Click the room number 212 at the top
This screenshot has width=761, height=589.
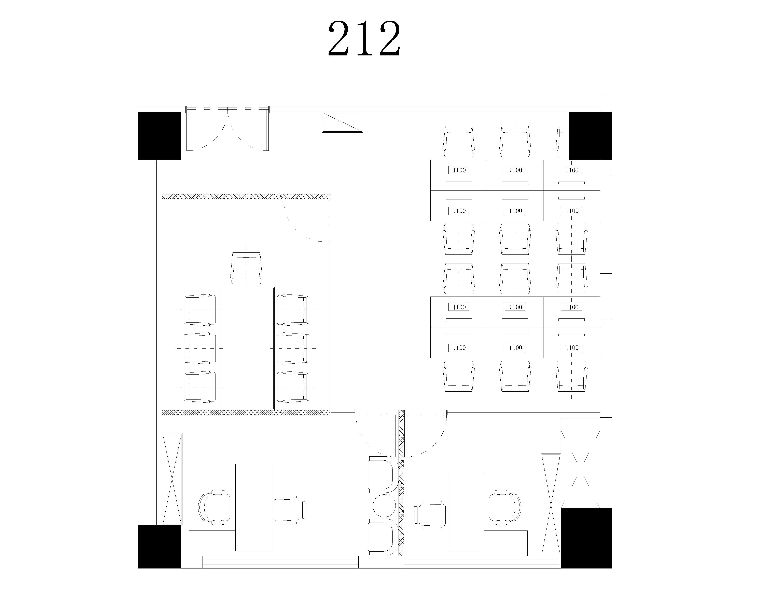(364, 39)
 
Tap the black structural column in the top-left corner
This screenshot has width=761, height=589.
(159, 136)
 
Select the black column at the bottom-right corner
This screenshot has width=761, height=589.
(586, 538)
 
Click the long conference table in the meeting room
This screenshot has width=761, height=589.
(246, 348)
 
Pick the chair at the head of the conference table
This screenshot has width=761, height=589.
(246, 268)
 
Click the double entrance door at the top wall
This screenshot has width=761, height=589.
(228, 129)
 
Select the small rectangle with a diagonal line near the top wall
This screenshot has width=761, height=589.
(343, 122)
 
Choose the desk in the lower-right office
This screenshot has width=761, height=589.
(466, 512)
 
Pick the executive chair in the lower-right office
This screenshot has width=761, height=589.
(505, 507)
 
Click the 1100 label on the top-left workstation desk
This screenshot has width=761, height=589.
(459, 170)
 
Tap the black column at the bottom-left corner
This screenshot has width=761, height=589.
(159, 547)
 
